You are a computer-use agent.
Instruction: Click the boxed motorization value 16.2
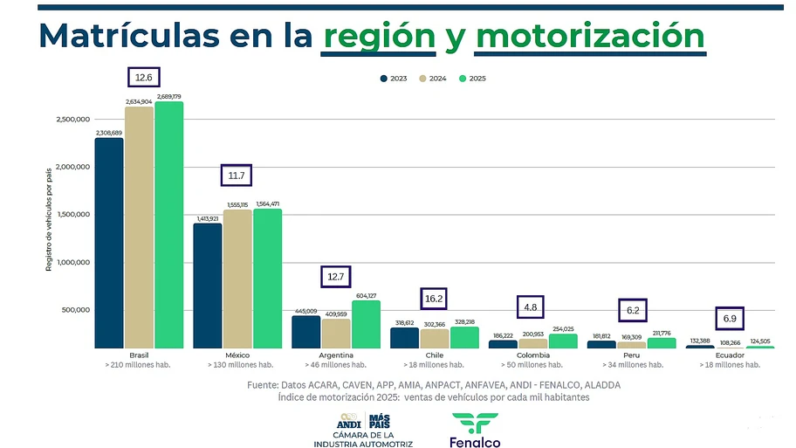434,298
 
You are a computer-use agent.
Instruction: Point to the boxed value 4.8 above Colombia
532,307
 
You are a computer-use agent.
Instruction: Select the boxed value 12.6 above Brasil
143,78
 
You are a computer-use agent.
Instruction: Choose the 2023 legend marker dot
383,79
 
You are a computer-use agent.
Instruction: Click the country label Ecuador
729,355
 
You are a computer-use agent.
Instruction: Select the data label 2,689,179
169,96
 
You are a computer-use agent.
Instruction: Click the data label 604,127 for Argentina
366,296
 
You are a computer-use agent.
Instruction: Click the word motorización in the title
591,37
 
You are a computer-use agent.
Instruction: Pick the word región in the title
379,37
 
